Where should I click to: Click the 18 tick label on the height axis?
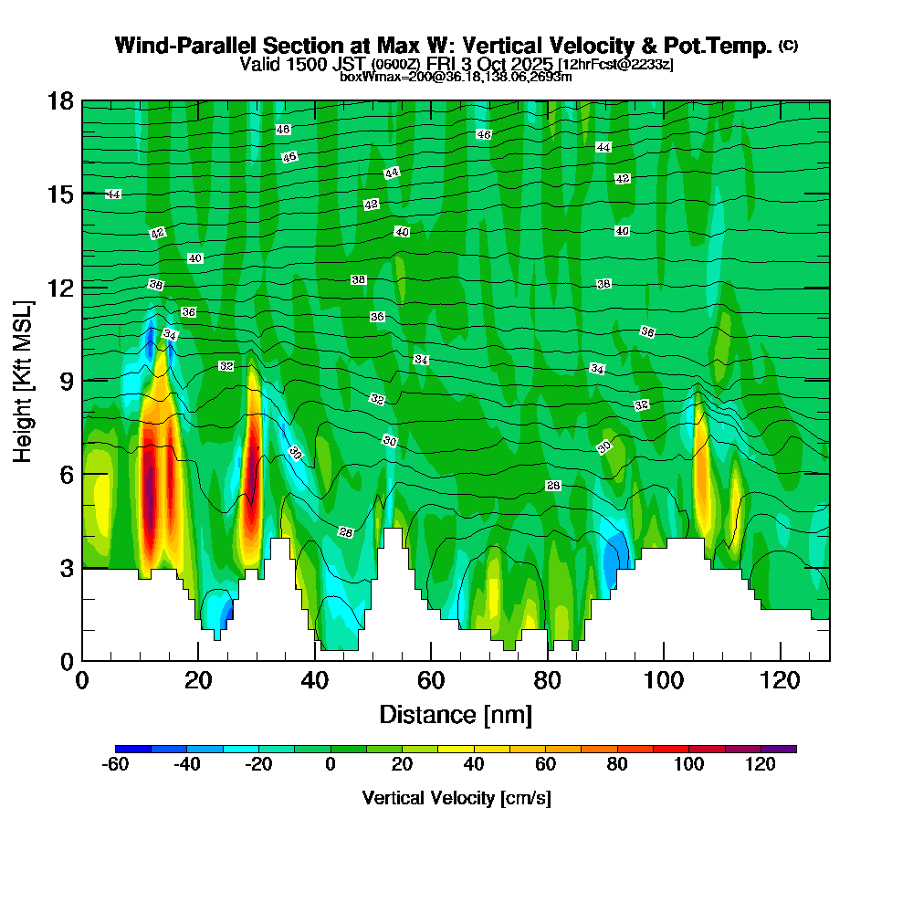[x=60, y=100]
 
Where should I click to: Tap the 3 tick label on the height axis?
[x=67, y=568]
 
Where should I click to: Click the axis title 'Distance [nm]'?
[x=456, y=714]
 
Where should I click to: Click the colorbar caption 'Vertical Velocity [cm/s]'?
[x=456, y=798]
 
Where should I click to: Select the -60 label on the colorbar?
[x=114, y=765]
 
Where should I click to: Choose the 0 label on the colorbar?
[x=331, y=765]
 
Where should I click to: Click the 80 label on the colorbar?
[x=618, y=765]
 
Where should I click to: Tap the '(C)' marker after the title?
[x=788, y=46]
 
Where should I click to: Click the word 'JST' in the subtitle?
[x=348, y=65]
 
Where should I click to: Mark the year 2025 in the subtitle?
[x=534, y=65]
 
